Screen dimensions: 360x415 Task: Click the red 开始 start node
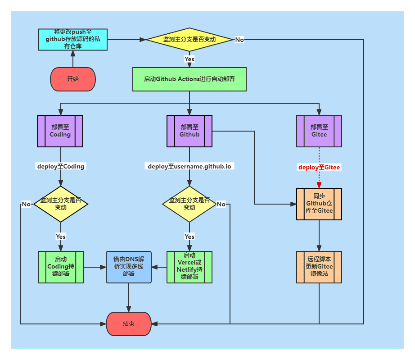[72, 79]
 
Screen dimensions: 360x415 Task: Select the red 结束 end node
[128, 324]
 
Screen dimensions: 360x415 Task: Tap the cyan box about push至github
[72, 39]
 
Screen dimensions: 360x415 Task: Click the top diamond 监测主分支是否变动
[189, 40]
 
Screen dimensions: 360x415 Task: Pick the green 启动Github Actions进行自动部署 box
[189, 79]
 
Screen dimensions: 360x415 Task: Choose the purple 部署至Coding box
[60, 131]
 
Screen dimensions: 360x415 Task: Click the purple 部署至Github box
[189, 131]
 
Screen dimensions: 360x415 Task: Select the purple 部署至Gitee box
[319, 131]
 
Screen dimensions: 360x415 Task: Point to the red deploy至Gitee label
[319, 167]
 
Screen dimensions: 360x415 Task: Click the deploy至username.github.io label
[189, 166]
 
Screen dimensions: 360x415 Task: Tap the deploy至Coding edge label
[60, 166]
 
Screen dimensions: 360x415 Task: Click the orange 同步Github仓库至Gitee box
[319, 204]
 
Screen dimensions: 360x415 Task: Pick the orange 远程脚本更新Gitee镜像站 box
[319, 267]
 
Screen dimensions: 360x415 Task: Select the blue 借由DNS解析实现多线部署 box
[129, 267]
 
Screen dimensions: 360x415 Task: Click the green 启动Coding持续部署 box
[60, 267]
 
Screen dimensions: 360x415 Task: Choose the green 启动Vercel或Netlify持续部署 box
[189, 267]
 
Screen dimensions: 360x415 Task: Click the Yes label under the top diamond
[189, 59]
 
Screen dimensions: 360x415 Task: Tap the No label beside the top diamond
[239, 40]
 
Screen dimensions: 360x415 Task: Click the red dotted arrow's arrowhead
[319, 185]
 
